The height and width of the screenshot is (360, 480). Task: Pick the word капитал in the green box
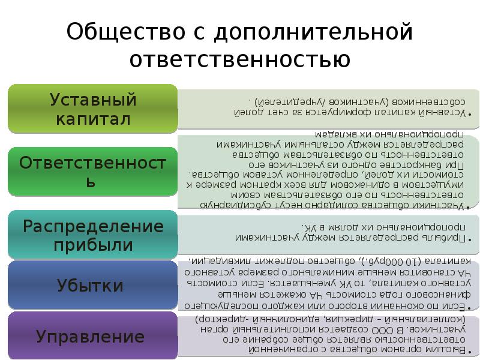point(93,118)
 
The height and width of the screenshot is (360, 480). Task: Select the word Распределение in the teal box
point(93,226)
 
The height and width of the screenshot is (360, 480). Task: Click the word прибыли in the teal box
point(93,245)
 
